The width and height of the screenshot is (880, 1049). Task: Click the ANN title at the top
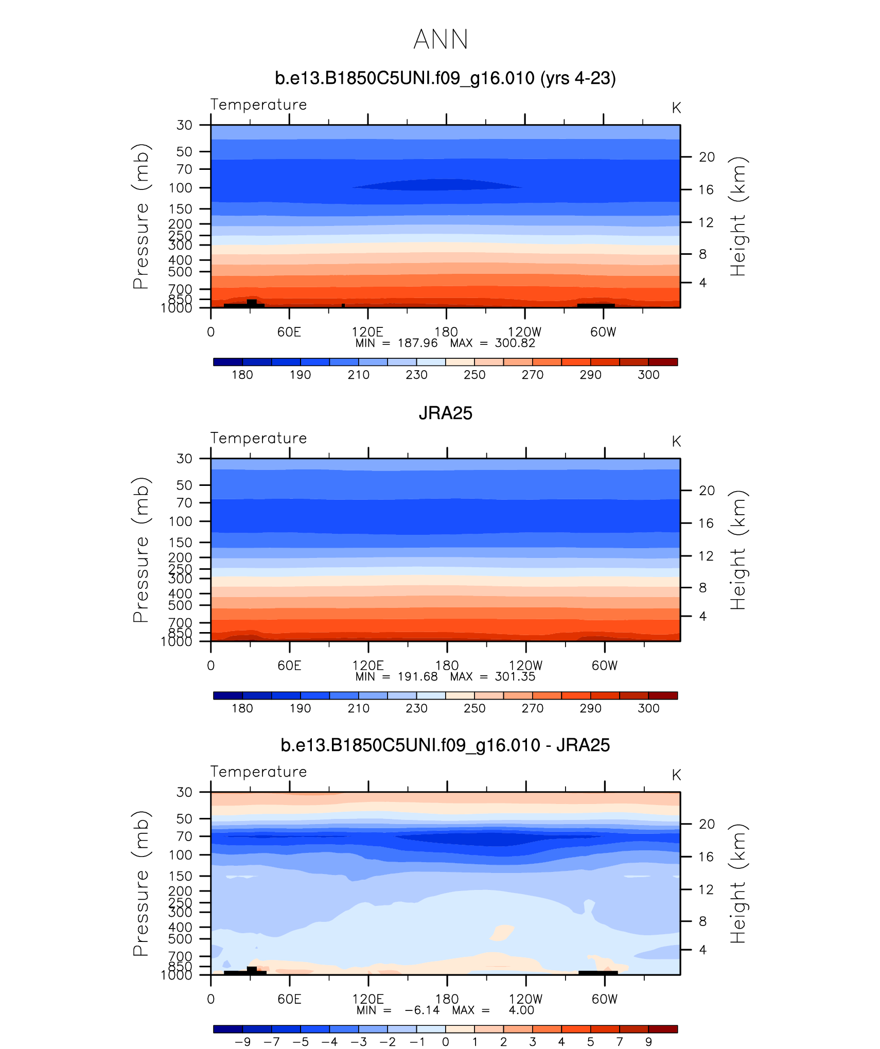(441, 40)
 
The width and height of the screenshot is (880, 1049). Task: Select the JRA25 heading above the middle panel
(445, 413)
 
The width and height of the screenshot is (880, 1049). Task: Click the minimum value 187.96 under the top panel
(417, 343)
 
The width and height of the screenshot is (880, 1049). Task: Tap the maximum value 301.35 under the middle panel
(515, 677)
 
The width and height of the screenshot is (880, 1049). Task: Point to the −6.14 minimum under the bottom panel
(422, 1010)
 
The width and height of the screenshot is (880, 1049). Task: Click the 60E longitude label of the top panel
(289, 332)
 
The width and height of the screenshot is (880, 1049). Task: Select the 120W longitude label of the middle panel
(525, 666)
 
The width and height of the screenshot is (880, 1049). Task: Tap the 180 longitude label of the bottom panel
(447, 999)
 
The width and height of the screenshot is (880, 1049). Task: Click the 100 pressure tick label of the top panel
(180, 188)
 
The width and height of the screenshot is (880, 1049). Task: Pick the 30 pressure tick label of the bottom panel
(184, 792)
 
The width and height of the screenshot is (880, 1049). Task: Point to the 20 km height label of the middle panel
(707, 491)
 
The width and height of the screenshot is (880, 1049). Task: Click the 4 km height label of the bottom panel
(702, 950)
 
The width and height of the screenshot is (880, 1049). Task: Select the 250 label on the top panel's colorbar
(474, 375)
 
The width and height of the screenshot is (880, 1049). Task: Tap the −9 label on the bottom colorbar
(242, 1042)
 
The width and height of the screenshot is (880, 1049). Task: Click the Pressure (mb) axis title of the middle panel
(140, 550)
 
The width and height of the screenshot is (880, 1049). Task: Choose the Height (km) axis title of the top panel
(737, 216)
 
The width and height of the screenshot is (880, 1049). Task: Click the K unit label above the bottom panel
(676, 775)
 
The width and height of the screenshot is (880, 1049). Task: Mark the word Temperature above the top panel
(258, 104)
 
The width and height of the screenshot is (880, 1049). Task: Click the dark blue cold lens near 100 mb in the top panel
(437, 185)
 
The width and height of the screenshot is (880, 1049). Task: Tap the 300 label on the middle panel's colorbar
(648, 708)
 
